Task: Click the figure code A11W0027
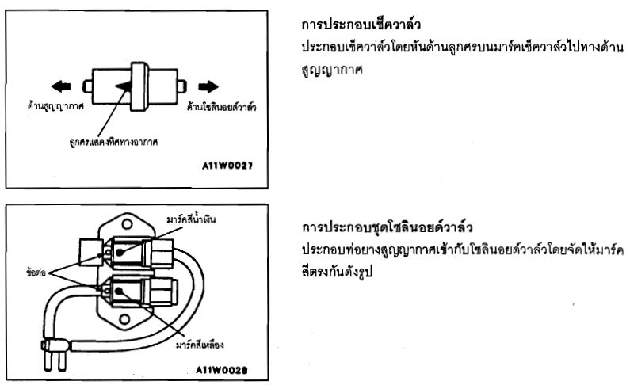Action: click(x=230, y=168)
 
